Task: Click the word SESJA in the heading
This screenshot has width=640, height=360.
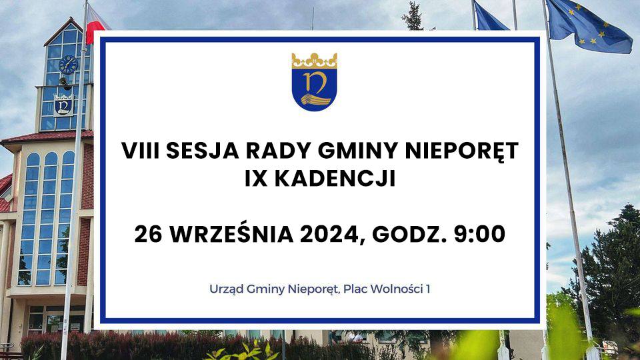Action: pyautogui.click(x=202, y=151)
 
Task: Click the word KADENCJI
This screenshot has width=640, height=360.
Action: pyautogui.click(x=335, y=179)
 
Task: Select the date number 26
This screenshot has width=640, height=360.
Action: pyautogui.click(x=149, y=235)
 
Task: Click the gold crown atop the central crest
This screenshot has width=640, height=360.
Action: pyautogui.click(x=314, y=61)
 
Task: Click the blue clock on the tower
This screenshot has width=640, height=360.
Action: pyautogui.click(x=68, y=65)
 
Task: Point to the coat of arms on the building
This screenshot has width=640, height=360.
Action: pyautogui.click(x=63, y=106)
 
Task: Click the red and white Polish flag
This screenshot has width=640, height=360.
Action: pyautogui.click(x=95, y=24)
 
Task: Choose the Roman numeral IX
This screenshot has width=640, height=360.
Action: pyautogui.click(x=256, y=179)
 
